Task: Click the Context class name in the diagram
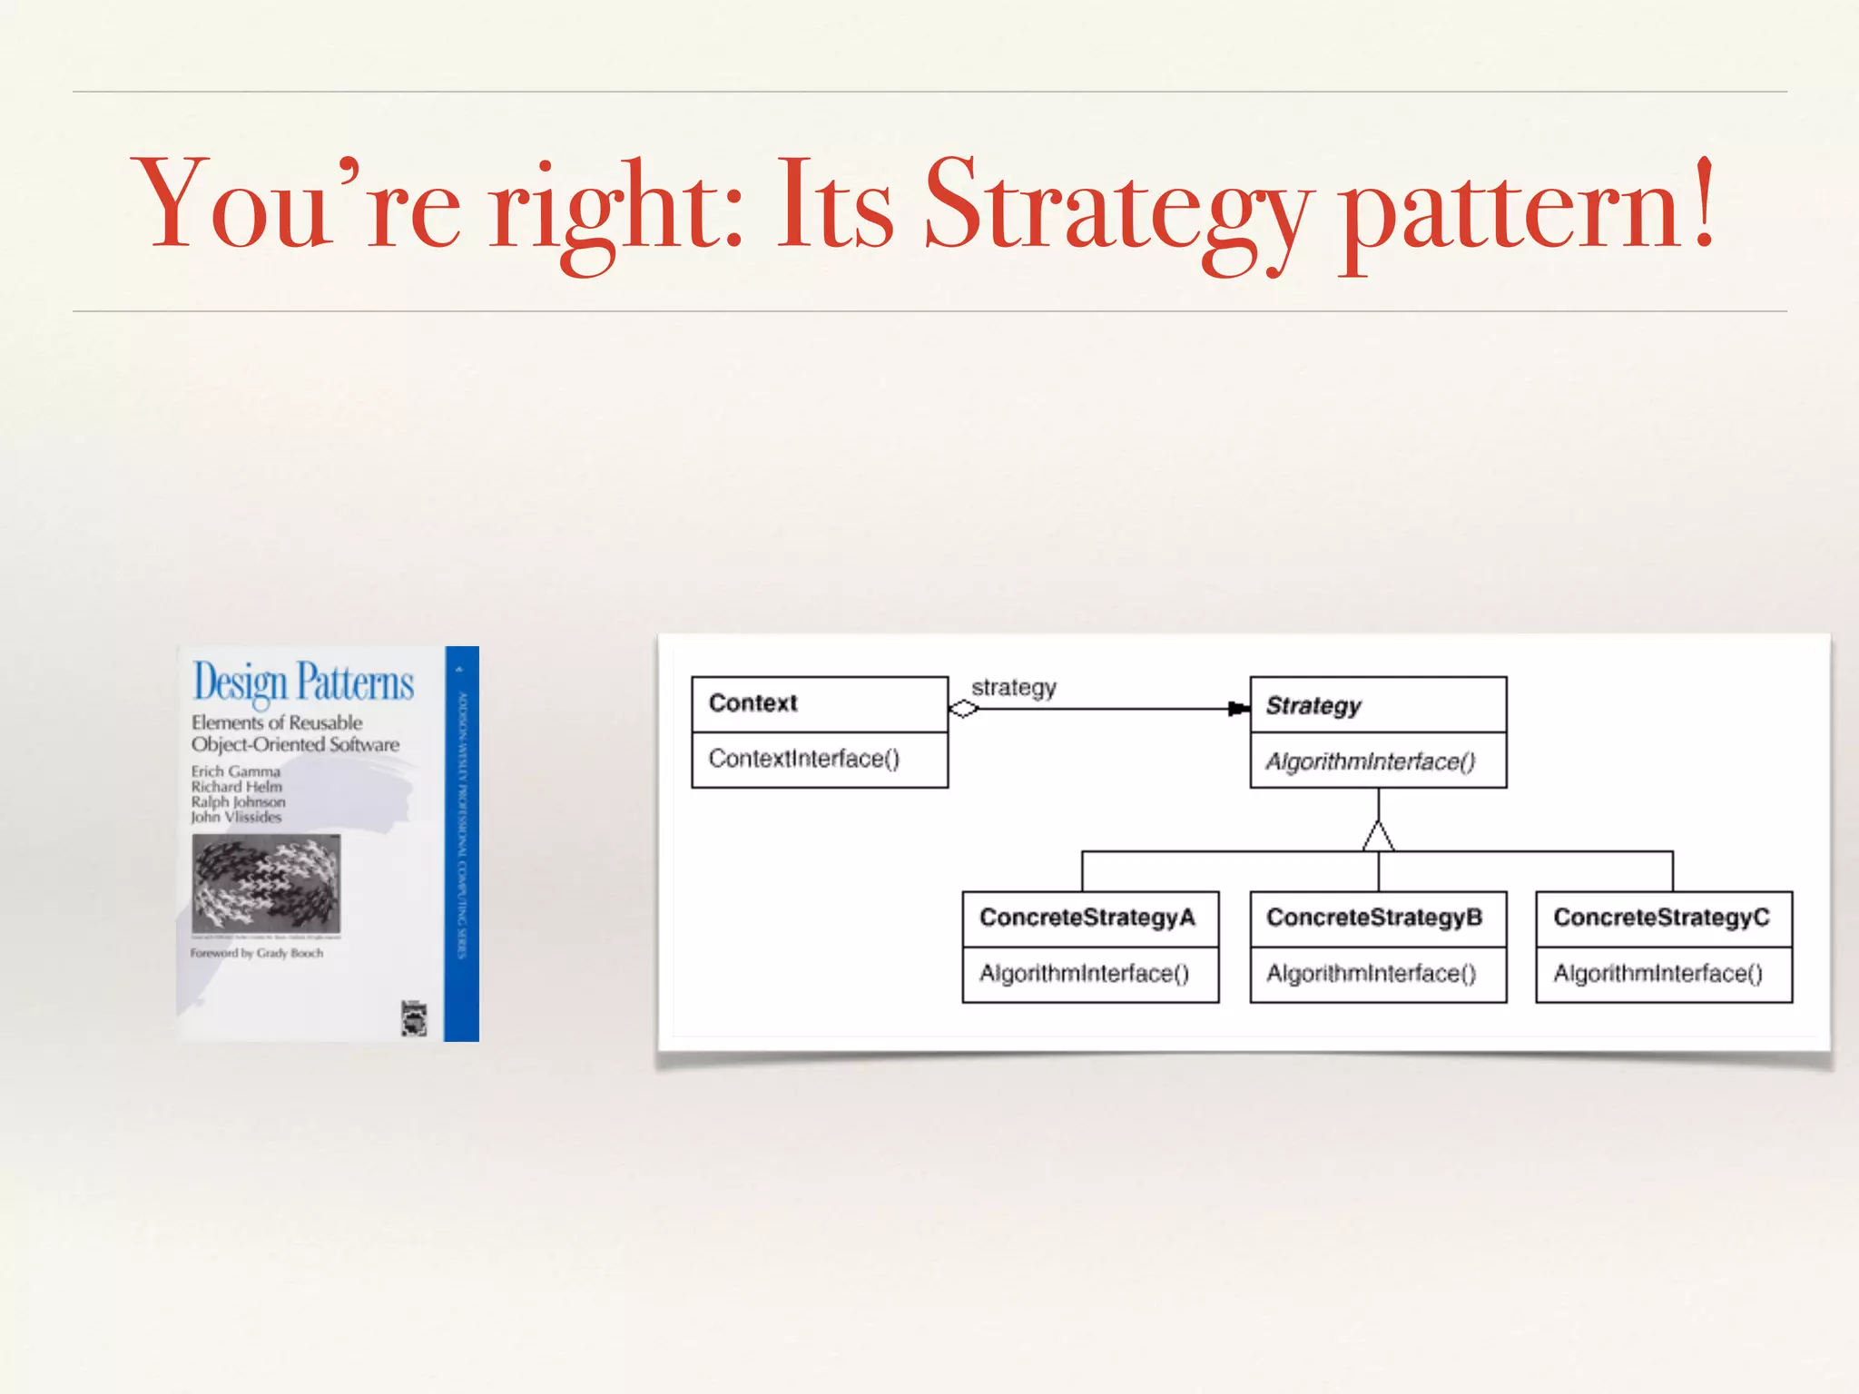coord(752,703)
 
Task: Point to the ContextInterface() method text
coord(803,759)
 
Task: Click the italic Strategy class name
coord(1313,706)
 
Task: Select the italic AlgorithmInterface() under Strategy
coord(1370,761)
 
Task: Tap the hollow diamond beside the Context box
coord(963,709)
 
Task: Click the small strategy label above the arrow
coord(1013,688)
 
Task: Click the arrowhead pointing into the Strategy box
coord(1238,709)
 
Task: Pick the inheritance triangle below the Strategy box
coord(1378,837)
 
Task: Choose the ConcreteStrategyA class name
coord(1087,918)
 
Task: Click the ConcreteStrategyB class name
coord(1373,918)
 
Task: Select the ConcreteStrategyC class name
coord(1661,918)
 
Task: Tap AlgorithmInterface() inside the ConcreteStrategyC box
coord(1657,974)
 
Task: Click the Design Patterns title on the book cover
coord(303,682)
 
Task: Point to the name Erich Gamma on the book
coord(235,771)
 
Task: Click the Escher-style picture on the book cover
coord(266,883)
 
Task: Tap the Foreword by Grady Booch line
coord(256,953)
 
